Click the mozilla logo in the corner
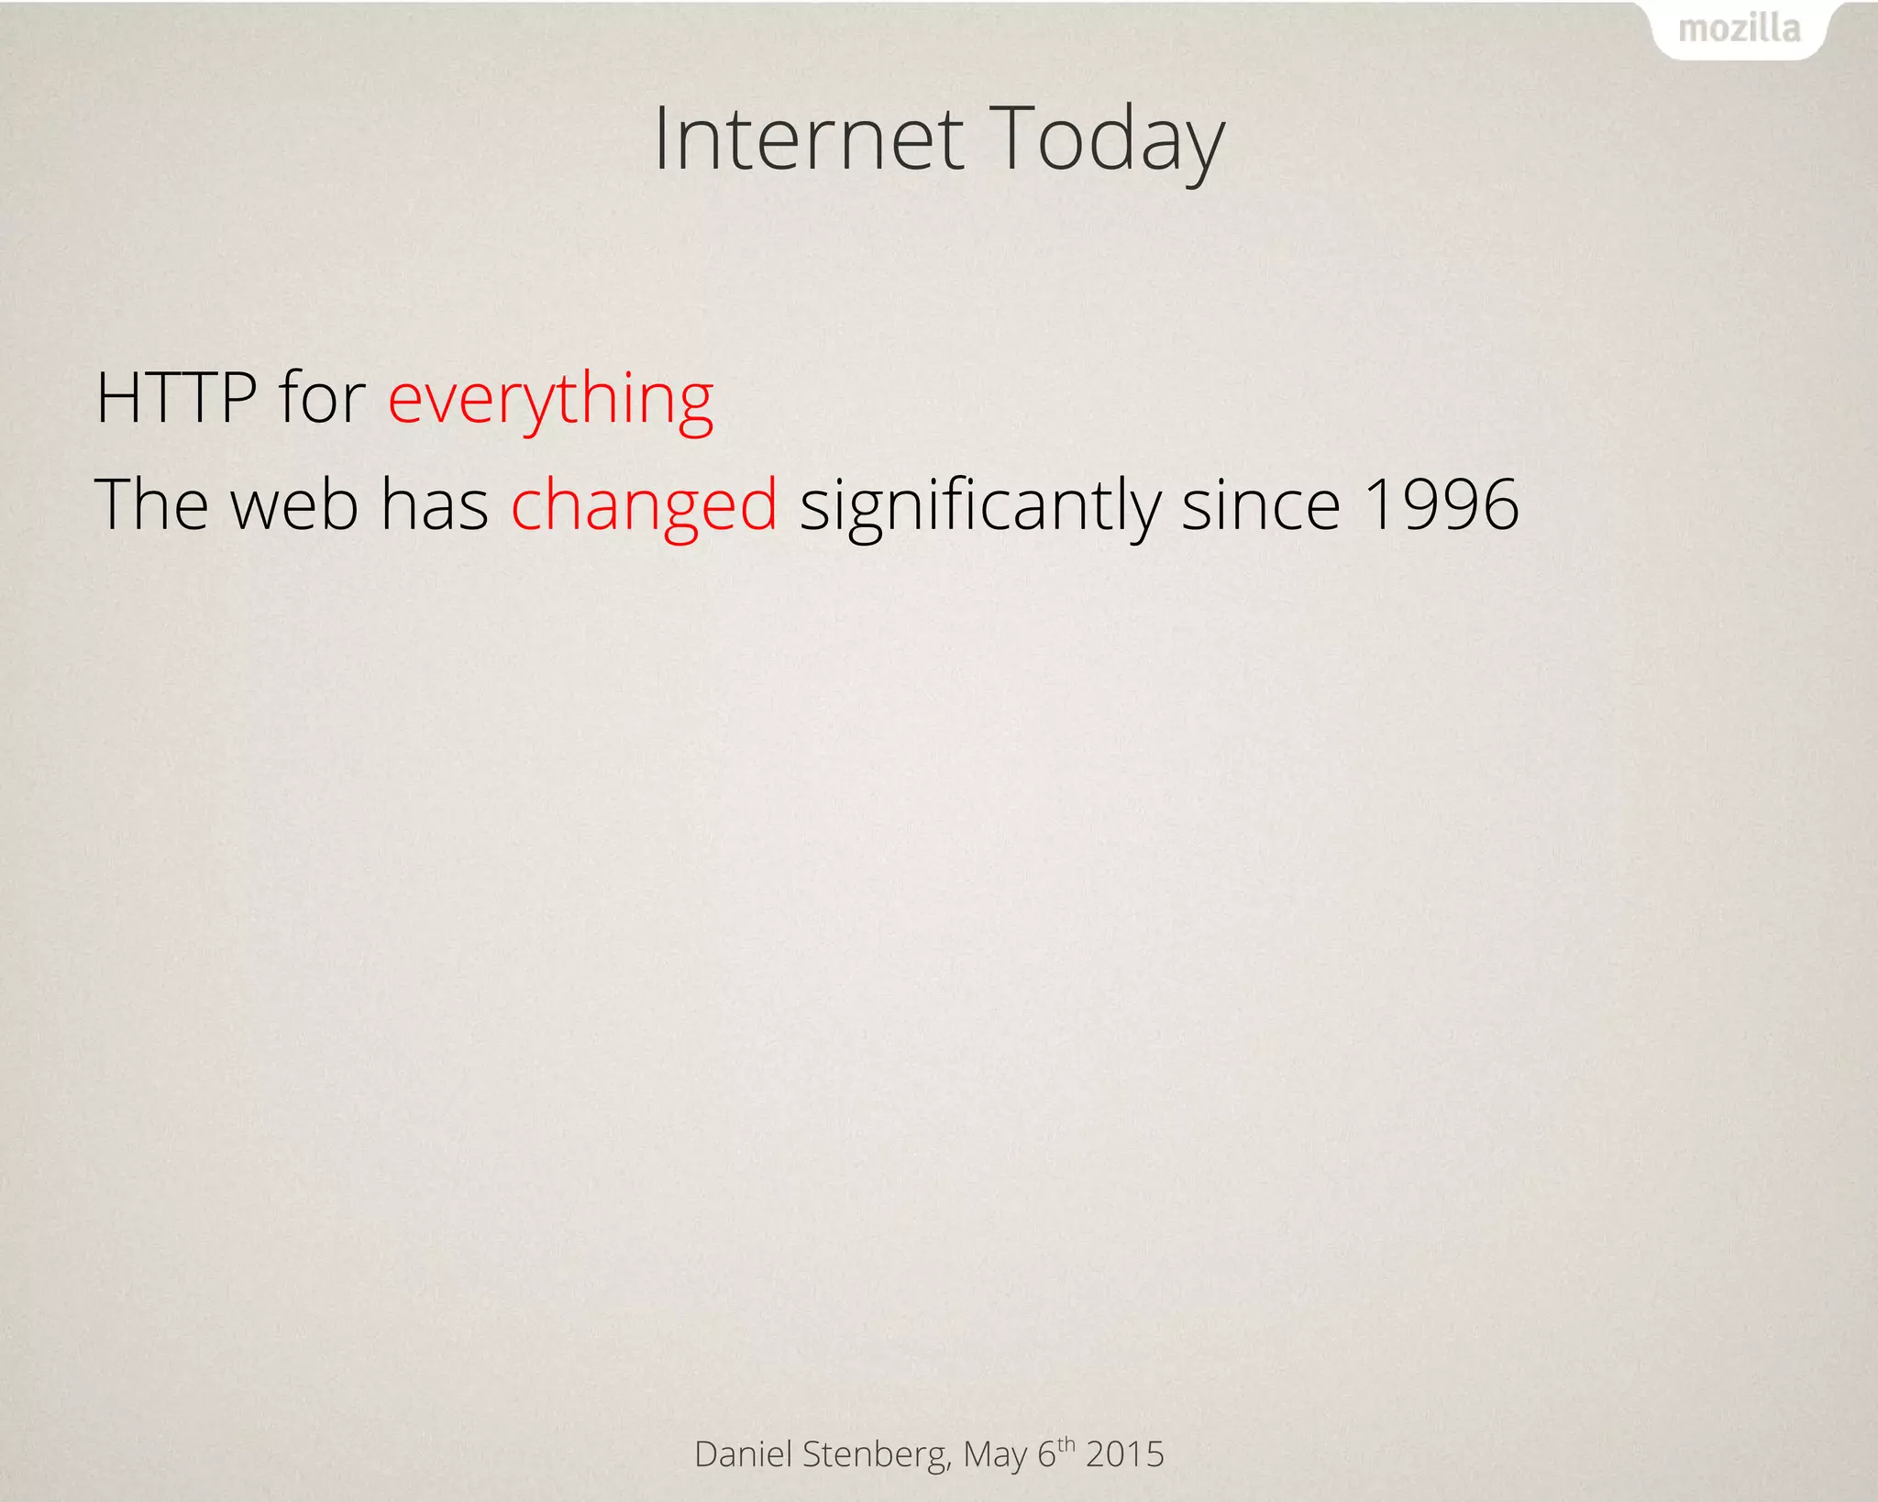[x=1739, y=29]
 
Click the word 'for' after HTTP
[x=322, y=399]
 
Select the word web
[x=293, y=505]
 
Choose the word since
[x=1260, y=505]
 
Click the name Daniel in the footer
[x=743, y=1454]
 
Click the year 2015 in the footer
[x=1124, y=1454]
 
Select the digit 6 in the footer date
[x=1046, y=1454]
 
